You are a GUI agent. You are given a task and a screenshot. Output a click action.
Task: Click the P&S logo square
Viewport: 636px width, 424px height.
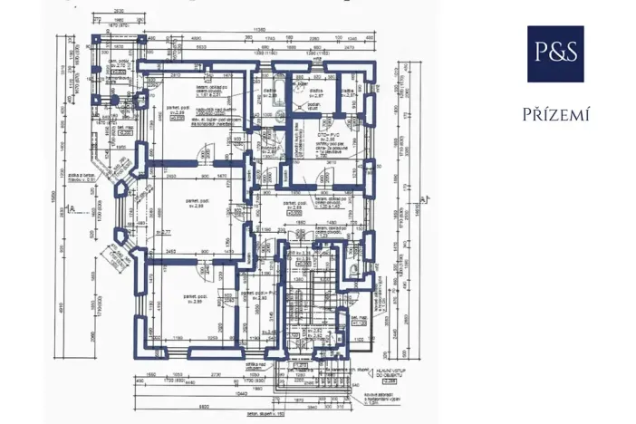(x=555, y=54)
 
